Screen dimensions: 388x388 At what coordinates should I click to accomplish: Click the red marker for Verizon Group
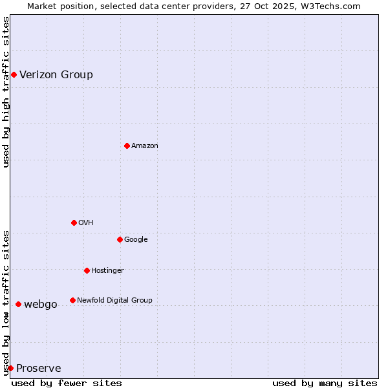(14, 75)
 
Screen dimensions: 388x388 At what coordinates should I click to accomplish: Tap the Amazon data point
(127, 145)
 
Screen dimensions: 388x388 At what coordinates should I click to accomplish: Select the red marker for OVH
(74, 222)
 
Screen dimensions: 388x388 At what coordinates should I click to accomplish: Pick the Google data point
(120, 239)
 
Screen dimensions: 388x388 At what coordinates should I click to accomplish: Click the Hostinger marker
(87, 270)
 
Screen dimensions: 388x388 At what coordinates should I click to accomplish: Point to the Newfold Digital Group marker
(72, 300)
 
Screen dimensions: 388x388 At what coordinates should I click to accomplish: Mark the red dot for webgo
(18, 304)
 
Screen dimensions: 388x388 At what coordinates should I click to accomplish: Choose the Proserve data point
(10, 368)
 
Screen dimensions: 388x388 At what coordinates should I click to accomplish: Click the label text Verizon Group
(56, 74)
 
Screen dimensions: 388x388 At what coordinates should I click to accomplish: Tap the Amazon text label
(145, 146)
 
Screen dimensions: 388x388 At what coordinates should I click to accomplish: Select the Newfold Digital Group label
(114, 300)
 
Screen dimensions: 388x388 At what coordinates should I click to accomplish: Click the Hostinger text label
(107, 270)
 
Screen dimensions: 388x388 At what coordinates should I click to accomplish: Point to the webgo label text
(41, 304)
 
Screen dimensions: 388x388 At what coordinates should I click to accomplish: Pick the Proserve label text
(39, 369)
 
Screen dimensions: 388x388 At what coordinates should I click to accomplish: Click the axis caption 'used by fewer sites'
(67, 383)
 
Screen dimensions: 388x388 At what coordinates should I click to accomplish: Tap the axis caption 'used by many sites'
(325, 383)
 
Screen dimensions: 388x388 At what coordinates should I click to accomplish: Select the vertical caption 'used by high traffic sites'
(6, 92)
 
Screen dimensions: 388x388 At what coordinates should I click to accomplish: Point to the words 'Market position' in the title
(58, 6)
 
